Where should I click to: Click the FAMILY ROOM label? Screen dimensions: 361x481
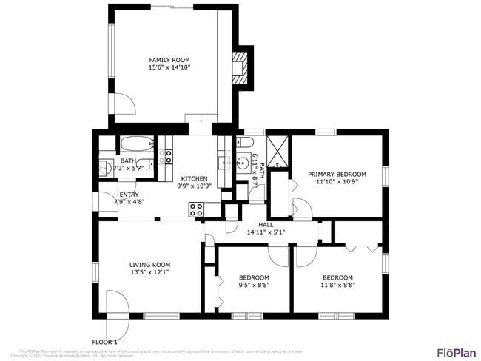point(169,60)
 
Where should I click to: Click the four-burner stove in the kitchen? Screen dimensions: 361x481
point(196,209)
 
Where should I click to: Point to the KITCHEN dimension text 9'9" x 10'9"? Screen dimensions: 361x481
point(194,186)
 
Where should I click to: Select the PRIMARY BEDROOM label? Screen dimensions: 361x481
point(337,174)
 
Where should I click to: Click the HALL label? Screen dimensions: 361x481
point(266,224)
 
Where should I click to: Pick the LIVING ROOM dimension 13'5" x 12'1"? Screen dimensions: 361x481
point(149,271)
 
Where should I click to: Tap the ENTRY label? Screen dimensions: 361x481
point(129,194)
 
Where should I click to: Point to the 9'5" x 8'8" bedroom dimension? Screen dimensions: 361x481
point(254,284)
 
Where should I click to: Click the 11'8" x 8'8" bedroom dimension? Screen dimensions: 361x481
point(337,284)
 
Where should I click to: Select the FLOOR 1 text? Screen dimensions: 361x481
point(104,341)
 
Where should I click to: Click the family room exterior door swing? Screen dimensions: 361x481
point(121,104)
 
